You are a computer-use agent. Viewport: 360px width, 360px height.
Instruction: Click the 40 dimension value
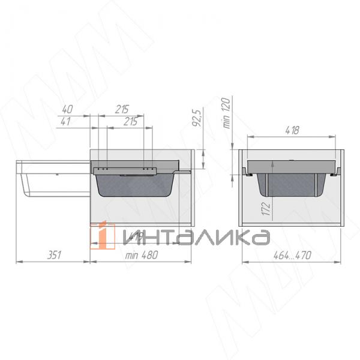point(67,109)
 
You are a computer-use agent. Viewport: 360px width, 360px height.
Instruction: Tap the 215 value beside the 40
point(122,109)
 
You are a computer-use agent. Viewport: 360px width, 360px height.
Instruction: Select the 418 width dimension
point(292,130)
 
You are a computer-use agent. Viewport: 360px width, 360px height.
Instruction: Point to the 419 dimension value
point(135,238)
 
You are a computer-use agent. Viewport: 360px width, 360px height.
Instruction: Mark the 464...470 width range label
point(292,254)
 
